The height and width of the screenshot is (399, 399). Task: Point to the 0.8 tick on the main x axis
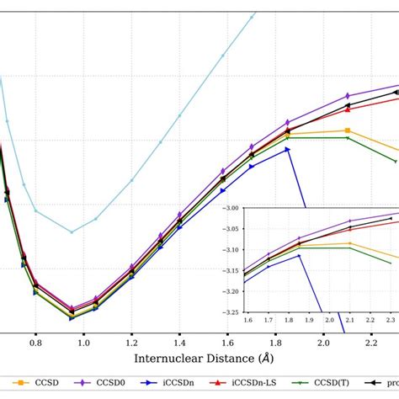tap(35, 343)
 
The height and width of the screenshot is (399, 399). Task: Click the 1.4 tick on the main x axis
tap(179, 343)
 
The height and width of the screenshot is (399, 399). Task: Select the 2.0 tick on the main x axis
tap(323, 343)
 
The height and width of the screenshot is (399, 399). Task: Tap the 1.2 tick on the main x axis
tap(131, 343)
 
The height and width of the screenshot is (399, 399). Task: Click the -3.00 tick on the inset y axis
tap(231, 207)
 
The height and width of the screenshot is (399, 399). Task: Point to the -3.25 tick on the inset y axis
tap(231, 312)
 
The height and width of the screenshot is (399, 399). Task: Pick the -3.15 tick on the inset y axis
tap(231, 270)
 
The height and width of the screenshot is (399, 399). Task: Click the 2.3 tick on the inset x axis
tap(391, 321)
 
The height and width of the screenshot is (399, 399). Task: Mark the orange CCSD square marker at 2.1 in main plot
tap(348, 130)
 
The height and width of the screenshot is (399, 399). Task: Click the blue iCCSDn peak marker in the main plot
tap(288, 149)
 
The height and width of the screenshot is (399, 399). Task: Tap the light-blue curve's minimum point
tap(72, 232)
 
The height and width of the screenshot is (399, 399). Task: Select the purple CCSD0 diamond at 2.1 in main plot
tap(348, 95)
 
